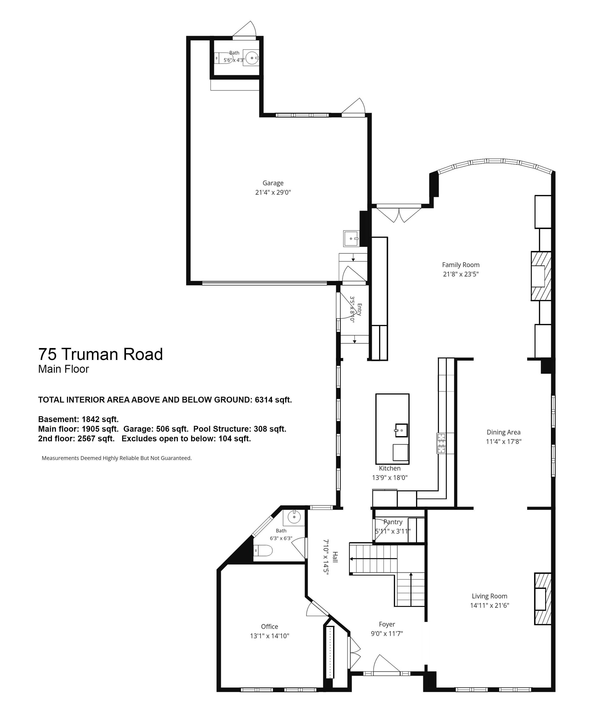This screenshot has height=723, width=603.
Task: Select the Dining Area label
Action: click(x=503, y=432)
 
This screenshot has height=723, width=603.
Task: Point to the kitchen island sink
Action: click(x=401, y=430)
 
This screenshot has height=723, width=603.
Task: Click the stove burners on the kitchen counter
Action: click(x=441, y=443)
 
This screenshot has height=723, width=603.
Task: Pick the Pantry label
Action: click(x=393, y=522)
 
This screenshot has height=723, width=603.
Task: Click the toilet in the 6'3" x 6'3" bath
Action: click(x=263, y=551)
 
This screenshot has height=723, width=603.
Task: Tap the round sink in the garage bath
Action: click(x=251, y=58)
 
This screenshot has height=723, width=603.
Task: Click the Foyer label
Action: click(x=387, y=624)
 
